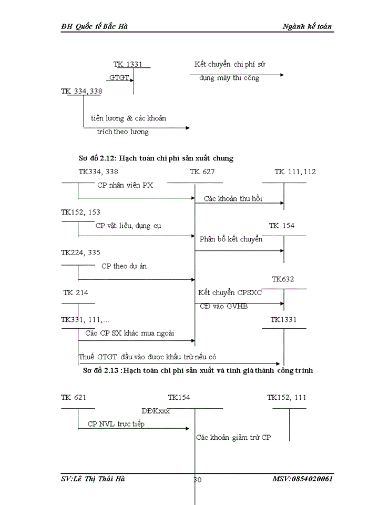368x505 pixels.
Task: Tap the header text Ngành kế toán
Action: click(x=307, y=26)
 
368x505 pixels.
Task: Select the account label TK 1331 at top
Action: click(x=127, y=64)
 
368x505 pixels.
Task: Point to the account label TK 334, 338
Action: click(x=81, y=91)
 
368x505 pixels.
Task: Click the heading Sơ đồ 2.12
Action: click(x=156, y=158)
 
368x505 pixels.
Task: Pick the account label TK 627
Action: click(x=202, y=171)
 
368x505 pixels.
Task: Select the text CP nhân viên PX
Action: click(x=125, y=185)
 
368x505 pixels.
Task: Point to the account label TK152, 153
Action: click(x=80, y=212)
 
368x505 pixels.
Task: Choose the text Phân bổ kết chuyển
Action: click(x=231, y=239)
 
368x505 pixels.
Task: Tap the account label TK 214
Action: click(x=76, y=292)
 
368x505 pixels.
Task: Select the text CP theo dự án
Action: click(x=124, y=266)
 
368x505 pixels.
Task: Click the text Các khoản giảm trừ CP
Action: click(x=234, y=437)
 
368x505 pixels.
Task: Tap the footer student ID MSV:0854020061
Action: click(x=302, y=479)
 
